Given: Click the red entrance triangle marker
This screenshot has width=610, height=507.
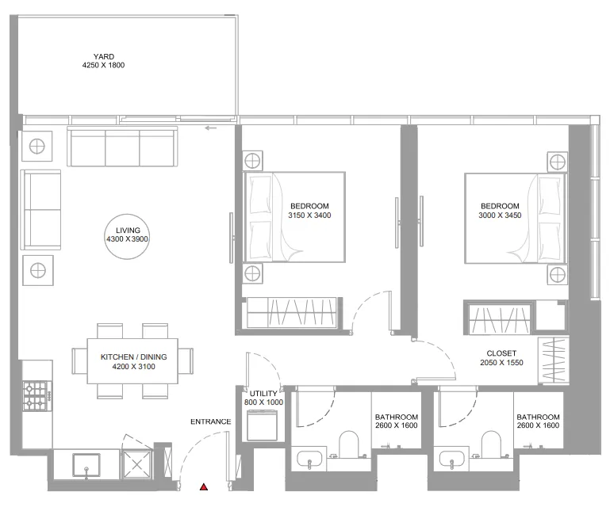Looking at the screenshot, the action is pos(203,486).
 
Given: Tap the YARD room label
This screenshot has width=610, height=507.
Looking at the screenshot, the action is pos(104,57).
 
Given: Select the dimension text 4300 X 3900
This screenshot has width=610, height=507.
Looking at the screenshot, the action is pos(127,239).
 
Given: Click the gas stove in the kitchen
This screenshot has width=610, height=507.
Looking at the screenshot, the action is pos(37,396).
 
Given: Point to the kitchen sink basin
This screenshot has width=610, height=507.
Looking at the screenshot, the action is pos(86,465).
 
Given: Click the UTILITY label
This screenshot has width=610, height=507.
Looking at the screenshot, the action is pos(263,394).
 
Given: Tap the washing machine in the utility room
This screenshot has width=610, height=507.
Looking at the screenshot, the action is pos(263,426).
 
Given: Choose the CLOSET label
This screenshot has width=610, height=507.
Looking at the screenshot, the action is pos(501,353).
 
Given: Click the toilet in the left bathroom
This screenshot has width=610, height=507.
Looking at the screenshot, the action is pos(348,444).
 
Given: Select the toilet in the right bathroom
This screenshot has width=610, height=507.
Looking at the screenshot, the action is pos(490,444).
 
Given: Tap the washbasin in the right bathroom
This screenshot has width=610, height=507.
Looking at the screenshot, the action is pos(451,459).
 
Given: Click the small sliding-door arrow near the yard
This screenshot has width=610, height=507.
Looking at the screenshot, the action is pos(210,128).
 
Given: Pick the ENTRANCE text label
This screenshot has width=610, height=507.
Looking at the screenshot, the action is pos(210,421).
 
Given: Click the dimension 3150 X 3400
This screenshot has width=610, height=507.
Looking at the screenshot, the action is pos(309,215).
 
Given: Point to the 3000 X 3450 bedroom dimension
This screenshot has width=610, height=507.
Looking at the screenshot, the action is pos(500,215).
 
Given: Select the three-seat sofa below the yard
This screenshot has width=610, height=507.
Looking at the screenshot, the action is pos(122,147).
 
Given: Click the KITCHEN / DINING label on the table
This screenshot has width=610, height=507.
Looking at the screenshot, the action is pos(133,356).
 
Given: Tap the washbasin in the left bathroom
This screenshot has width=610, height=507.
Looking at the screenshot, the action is pos(309,459).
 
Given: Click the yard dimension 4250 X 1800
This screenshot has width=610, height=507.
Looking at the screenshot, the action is pos(103,65).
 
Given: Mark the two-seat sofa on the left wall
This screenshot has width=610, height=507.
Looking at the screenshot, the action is pos(40,210).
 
